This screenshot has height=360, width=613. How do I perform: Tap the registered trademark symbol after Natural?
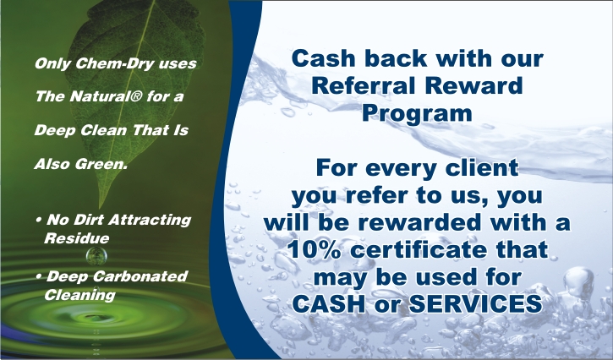[x=135, y=96]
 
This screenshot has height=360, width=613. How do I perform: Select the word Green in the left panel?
[x=101, y=164]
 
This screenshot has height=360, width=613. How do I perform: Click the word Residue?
[x=77, y=238]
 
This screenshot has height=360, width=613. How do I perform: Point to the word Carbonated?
[x=140, y=276]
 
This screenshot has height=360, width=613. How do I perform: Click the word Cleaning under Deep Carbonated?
[x=79, y=295]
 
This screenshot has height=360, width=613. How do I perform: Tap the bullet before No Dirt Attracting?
[x=38, y=220]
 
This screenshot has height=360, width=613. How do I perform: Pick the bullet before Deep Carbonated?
[x=38, y=276]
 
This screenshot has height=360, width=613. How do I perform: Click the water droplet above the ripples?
[x=96, y=256]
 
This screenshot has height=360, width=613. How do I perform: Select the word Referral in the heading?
[x=364, y=85]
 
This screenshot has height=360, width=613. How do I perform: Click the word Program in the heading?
[x=417, y=113]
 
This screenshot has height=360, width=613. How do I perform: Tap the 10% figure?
[x=314, y=249]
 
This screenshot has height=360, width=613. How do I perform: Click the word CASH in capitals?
[x=329, y=303]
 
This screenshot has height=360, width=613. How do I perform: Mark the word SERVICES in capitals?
[x=475, y=303]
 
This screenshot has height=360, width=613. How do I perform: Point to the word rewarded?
[x=419, y=222]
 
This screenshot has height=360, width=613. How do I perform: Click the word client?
[x=482, y=167]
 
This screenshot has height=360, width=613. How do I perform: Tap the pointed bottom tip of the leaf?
[x=100, y=208]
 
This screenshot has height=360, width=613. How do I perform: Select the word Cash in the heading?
[x=323, y=58]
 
